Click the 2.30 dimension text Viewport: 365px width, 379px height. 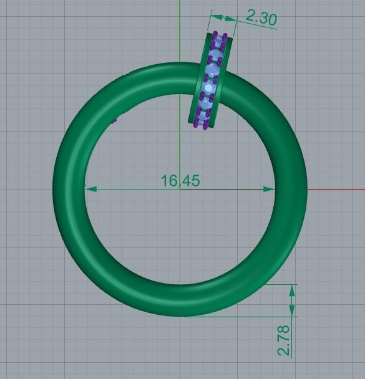261,17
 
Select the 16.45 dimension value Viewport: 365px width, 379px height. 180,180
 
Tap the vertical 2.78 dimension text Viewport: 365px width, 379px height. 284,340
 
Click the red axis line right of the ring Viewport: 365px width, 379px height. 337,189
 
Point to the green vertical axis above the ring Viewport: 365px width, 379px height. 180,31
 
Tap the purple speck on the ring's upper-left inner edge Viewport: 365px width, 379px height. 114,120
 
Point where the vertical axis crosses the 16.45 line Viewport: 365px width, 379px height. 180,189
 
